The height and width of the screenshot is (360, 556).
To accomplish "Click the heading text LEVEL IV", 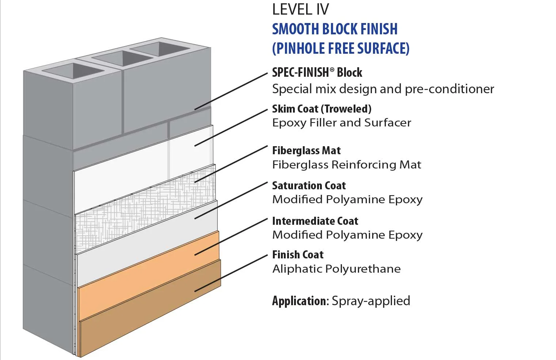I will [x=300, y=10].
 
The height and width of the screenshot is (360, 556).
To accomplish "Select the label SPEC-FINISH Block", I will [x=317, y=72].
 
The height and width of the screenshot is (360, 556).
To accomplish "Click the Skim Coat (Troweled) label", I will [x=321, y=109].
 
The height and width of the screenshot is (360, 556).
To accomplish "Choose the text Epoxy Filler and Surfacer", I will [x=342, y=123].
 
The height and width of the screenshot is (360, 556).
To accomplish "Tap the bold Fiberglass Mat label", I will [x=306, y=151].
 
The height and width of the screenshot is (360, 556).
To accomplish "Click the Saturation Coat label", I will [x=309, y=186].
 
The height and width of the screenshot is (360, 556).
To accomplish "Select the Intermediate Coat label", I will [x=315, y=221].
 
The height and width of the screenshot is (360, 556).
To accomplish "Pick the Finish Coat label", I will [x=298, y=255].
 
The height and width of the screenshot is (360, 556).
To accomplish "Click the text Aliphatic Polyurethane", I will [x=336, y=269].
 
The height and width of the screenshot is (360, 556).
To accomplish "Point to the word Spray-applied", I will [x=371, y=301].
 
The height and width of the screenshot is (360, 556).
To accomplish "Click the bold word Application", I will [x=300, y=301].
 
